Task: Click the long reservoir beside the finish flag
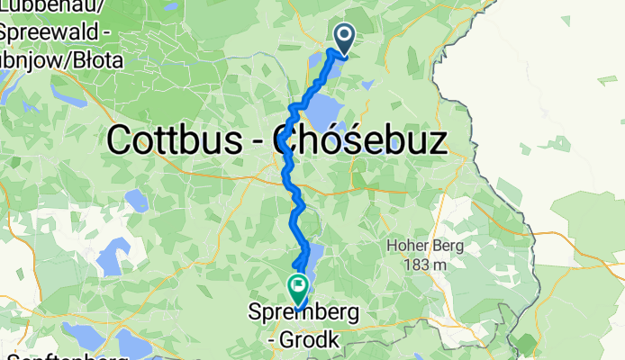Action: (312, 261)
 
